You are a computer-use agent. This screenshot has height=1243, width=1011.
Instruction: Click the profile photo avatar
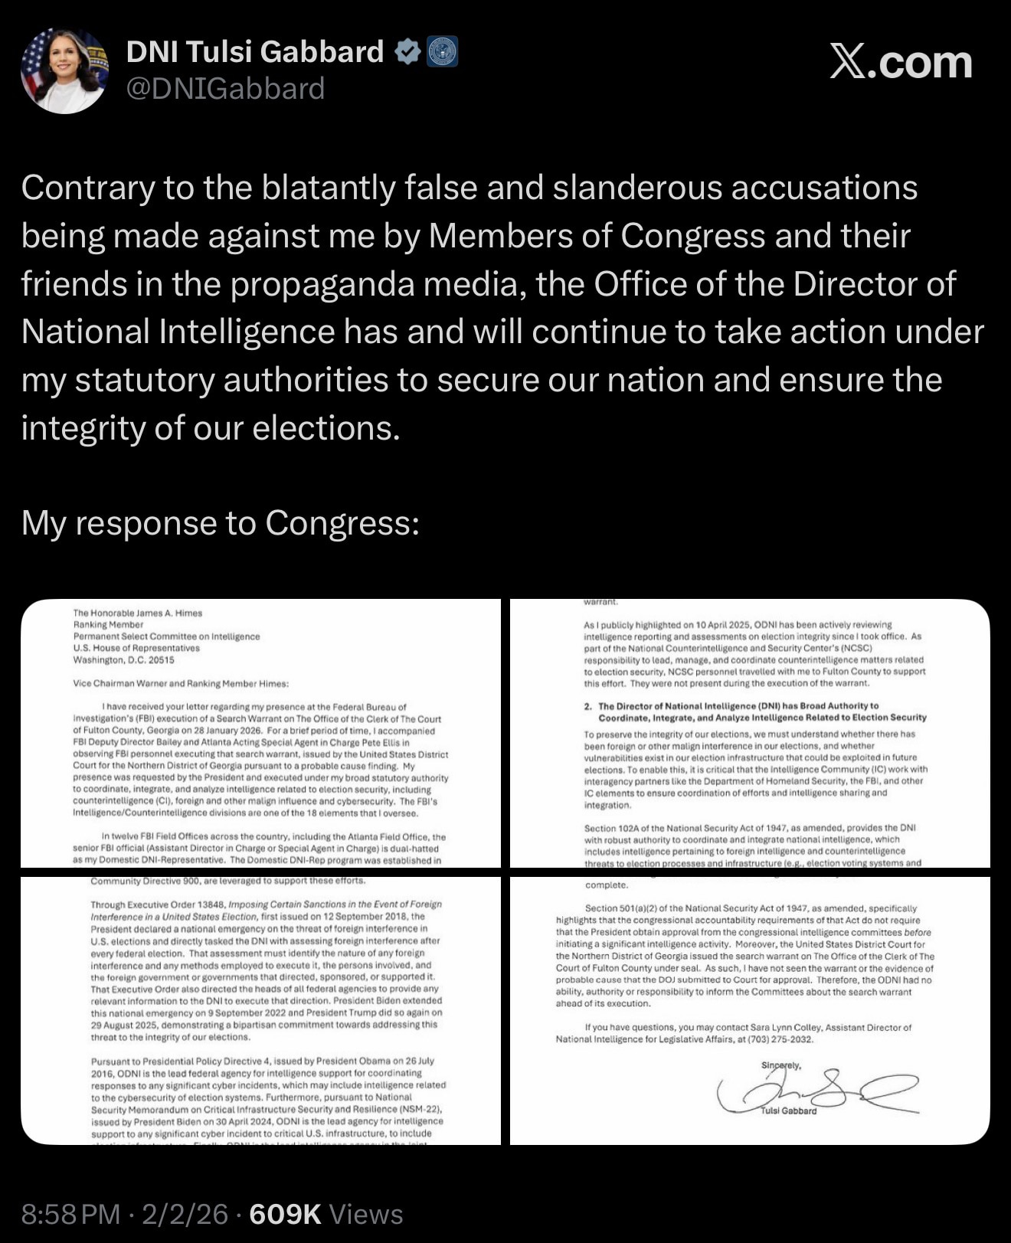pos(64,71)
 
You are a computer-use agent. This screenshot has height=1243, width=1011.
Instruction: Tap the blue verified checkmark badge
pos(407,52)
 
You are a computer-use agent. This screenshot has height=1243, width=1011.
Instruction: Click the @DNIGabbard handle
pos(225,89)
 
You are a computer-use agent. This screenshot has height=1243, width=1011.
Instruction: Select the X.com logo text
pos(901,63)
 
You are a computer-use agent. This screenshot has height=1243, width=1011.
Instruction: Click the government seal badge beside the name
pos(442,52)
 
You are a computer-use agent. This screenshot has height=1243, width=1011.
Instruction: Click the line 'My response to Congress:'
pos(220,523)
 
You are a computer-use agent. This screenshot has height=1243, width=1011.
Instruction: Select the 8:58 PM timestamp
pos(70,1214)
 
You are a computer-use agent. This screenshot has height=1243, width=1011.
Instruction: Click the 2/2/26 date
pos(185,1214)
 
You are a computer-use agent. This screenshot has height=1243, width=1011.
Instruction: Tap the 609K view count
pos(285,1214)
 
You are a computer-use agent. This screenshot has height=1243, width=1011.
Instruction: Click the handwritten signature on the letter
pos(812,1092)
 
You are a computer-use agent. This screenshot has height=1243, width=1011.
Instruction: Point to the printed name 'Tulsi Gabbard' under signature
pos(789,1111)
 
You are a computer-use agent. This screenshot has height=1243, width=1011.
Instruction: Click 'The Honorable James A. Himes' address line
pos(138,613)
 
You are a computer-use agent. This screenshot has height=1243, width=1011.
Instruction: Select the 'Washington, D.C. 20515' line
pos(123,659)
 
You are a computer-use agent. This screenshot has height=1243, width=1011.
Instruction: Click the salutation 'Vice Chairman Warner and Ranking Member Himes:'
pos(181,683)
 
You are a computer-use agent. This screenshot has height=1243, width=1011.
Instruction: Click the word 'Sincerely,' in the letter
pos(780,1065)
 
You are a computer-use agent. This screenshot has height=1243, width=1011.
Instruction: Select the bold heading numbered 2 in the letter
pos(754,711)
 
